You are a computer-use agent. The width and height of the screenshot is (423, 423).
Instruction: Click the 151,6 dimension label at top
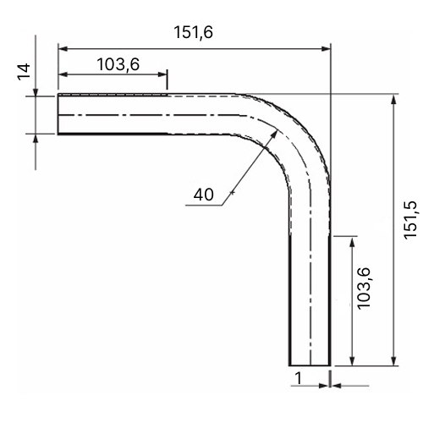click(x=193, y=32)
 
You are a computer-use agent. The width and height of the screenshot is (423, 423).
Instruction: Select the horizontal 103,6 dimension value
click(x=118, y=64)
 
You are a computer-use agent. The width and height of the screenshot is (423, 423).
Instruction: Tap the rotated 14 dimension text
click(x=25, y=72)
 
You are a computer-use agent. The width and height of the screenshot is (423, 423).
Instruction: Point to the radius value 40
click(x=204, y=195)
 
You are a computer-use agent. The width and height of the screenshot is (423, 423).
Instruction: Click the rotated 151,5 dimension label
click(x=409, y=220)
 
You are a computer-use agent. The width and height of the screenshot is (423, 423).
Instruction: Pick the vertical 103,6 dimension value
click(x=364, y=288)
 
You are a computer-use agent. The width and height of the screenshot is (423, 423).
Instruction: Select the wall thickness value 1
click(x=298, y=378)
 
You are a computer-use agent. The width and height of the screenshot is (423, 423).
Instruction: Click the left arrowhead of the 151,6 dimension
click(x=63, y=49)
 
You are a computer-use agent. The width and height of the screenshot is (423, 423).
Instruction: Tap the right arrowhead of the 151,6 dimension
click(x=326, y=49)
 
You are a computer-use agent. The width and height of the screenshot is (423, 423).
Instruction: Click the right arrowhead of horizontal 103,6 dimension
click(x=162, y=74)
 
